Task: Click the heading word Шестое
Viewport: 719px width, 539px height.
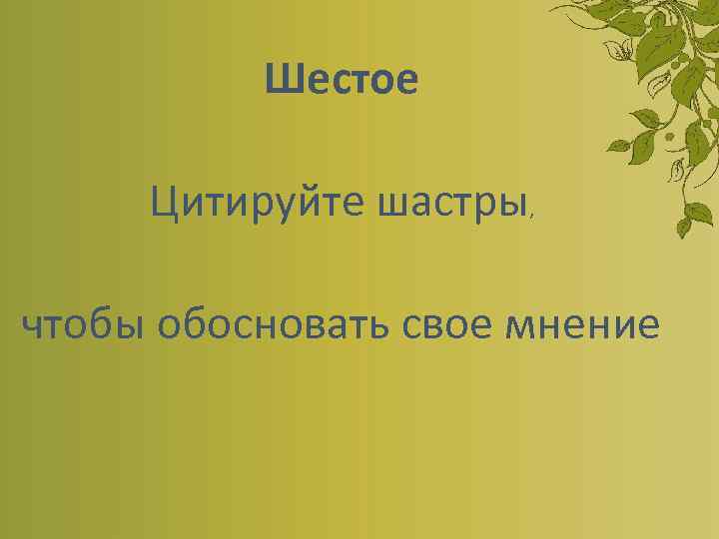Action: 342,81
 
